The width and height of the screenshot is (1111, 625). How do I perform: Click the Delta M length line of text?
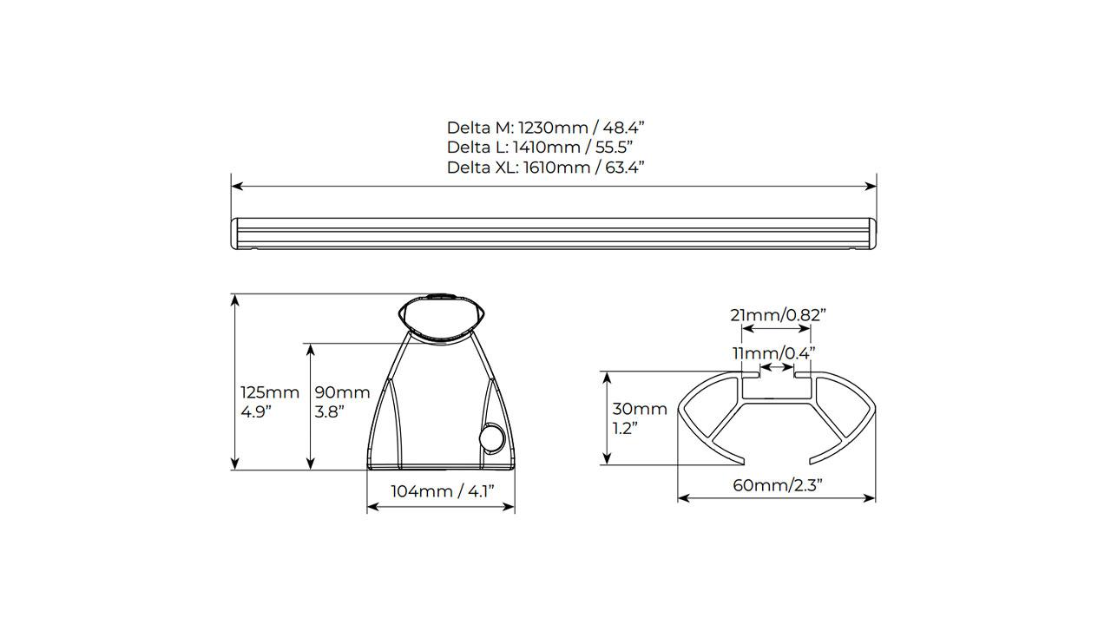[x=546, y=128]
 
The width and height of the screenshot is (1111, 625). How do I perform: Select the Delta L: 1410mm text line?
[x=540, y=148]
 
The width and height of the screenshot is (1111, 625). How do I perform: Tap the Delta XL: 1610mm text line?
[x=546, y=168]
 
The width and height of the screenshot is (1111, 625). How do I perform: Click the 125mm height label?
[x=270, y=402]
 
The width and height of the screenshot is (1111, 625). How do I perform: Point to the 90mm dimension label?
[x=342, y=402]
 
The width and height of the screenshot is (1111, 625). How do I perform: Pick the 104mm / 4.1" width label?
[x=443, y=491]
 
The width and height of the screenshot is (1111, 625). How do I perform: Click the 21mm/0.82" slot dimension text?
[x=778, y=315]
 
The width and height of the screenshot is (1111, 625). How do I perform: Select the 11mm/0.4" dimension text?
[x=773, y=353]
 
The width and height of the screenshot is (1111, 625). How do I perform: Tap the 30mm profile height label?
[x=640, y=418]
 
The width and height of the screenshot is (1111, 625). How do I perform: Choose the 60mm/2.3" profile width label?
[x=778, y=485]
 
